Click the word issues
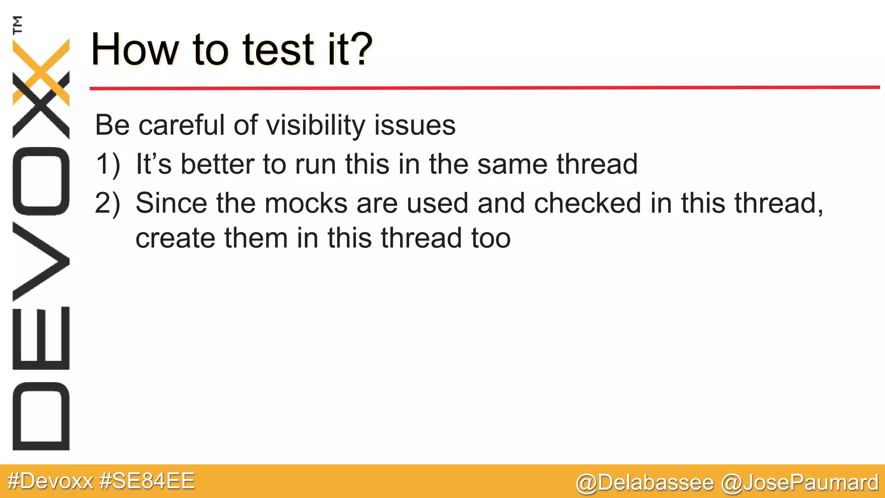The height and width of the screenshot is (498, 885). (x=414, y=126)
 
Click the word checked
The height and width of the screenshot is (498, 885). (x=587, y=203)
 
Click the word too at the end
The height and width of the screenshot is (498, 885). (x=491, y=238)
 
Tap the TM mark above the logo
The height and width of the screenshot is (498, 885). (x=18, y=25)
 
